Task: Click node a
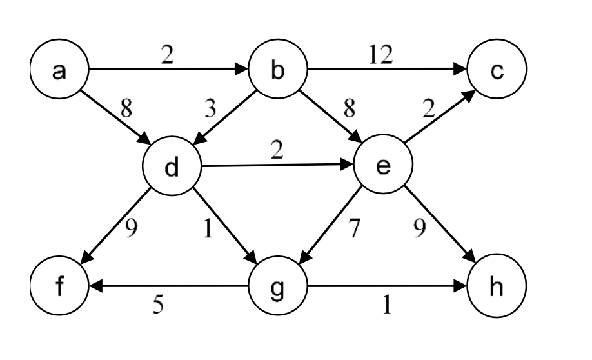click(59, 71)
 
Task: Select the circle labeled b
click(277, 71)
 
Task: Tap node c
click(497, 71)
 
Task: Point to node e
click(383, 167)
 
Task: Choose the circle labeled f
click(59, 286)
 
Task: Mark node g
click(277, 286)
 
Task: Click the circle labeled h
click(497, 286)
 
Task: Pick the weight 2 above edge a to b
click(168, 56)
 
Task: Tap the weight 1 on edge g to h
click(387, 304)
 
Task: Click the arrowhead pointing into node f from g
click(93, 286)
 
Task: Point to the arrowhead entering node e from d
click(349, 165)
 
